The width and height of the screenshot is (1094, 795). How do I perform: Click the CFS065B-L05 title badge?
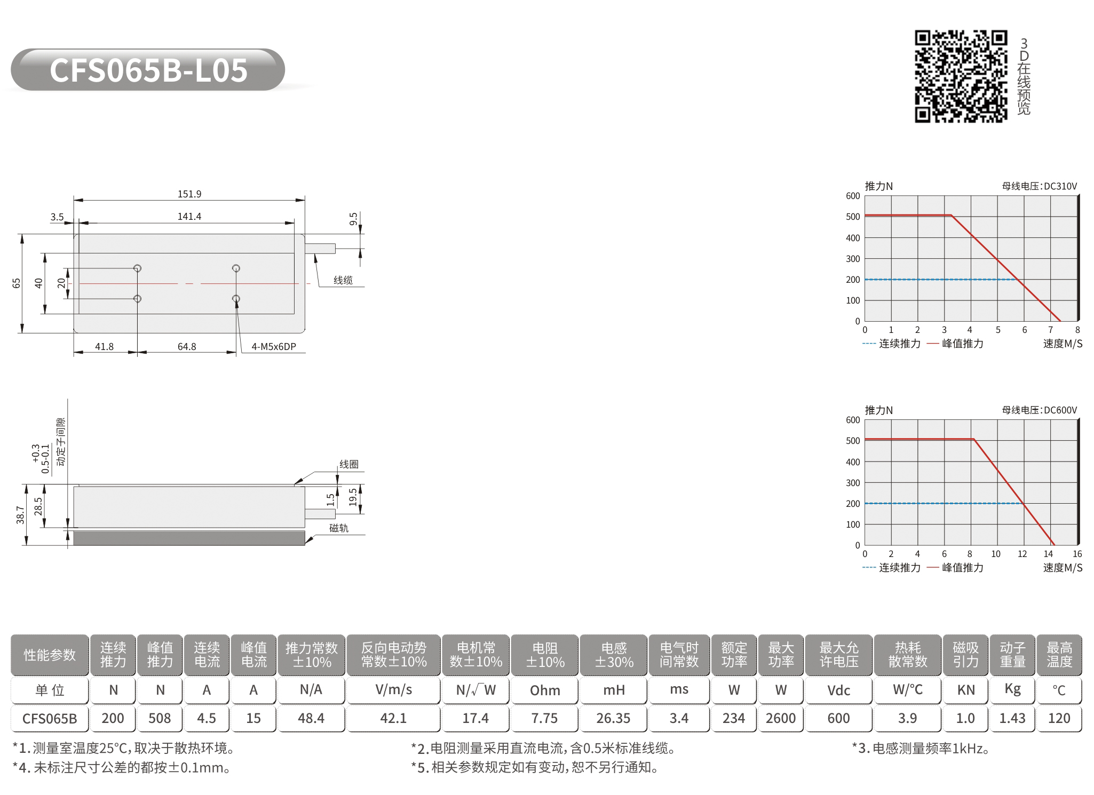(148, 70)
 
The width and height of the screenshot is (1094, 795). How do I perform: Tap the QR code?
(961, 76)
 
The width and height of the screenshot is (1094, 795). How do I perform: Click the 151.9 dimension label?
(189, 194)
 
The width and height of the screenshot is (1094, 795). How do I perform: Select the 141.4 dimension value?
(189, 216)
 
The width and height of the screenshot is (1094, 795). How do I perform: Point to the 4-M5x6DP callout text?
(274, 346)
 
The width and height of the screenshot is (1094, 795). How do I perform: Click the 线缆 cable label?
(343, 280)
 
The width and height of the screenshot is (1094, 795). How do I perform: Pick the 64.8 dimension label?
(187, 346)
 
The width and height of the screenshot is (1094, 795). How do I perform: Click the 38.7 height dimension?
(20, 515)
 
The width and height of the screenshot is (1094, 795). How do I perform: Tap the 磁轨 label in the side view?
(339, 528)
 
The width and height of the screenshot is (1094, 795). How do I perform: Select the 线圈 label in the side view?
(349, 464)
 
